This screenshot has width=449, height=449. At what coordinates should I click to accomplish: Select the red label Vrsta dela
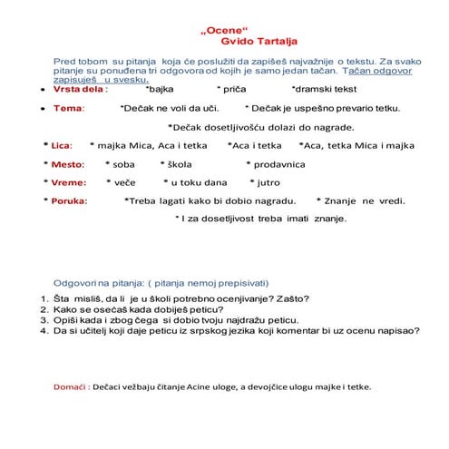coord(80,90)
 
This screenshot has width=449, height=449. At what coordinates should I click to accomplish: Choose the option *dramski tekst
coord(324,90)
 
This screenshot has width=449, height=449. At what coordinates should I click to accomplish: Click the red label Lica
coord(61,145)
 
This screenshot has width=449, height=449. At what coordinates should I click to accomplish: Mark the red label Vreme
coord(67,182)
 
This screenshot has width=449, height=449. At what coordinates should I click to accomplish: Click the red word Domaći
coord(69,386)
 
